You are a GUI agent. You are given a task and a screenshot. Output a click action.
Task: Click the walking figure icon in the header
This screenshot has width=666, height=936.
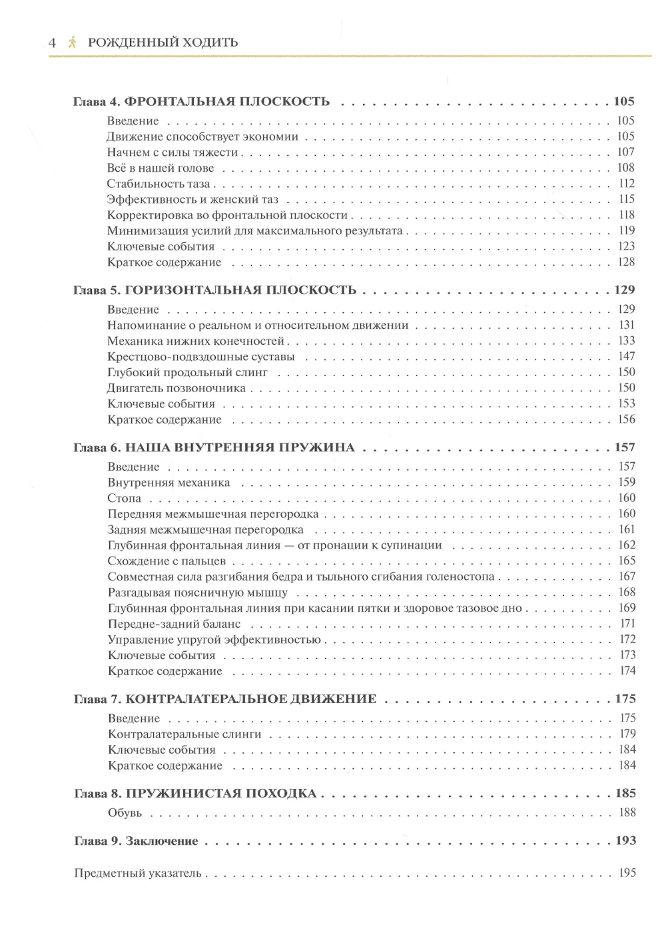[x=72, y=43]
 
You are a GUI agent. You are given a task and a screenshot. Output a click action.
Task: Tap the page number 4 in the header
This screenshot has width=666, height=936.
[x=53, y=43]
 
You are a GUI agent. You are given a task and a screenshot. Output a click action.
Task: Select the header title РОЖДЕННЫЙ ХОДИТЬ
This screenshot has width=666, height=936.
[x=163, y=43]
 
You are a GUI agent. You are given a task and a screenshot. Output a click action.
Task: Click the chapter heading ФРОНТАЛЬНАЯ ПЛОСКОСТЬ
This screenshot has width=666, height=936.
[x=227, y=102]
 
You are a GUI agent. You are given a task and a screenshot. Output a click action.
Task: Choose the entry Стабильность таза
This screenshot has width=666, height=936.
[x=159, y=184]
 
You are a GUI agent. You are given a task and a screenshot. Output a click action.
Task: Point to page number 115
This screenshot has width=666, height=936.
[x=626, y=199]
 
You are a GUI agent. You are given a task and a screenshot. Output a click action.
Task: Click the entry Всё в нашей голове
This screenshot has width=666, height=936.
[x=161, y=168]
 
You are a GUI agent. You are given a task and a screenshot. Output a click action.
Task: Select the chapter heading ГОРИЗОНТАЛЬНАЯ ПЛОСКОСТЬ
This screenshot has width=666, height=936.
[x=240, y=290]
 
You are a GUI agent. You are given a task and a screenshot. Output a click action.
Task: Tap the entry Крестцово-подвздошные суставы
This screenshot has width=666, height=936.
[x=201, y=357]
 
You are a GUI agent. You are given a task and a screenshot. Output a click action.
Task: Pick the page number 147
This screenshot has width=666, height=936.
[x=626, y=356]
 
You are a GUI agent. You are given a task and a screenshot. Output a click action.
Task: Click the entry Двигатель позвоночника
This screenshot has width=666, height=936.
[x=176, y=388]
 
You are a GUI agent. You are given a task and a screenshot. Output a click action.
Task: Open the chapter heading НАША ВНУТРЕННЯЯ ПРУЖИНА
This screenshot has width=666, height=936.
[x=240, y=448]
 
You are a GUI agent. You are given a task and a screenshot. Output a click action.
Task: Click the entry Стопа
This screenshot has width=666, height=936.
[x=125, y=499]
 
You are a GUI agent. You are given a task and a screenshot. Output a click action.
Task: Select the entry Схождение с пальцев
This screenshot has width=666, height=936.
[x=167, y=561]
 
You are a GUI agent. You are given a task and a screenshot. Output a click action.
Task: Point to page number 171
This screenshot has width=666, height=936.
[x=627, y=624]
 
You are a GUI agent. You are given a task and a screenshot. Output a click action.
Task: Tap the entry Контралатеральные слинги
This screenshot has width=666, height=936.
[x=184, y=734]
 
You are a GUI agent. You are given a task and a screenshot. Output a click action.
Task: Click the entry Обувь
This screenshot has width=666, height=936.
[x=125, y=813]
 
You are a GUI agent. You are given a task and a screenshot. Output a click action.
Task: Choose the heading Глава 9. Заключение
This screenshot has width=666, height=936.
[x=136, y=841]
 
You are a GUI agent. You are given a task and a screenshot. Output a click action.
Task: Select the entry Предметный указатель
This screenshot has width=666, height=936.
[x=138, y=873]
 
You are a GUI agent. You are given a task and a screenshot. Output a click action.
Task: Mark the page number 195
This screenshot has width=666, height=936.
[x=627, y=873]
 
